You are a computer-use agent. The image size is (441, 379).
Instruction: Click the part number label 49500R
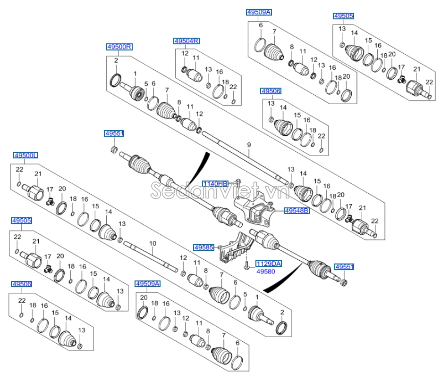119,47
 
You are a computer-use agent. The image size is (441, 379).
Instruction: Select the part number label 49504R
186,41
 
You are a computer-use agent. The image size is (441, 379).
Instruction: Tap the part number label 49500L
25,155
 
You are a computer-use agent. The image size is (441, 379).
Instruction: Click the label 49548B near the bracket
297,211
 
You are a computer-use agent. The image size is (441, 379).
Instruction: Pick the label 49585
204,247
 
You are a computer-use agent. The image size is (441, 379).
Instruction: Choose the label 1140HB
215,183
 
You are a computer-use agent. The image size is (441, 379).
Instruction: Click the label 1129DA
268,264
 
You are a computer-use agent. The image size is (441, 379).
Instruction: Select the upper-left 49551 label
114,134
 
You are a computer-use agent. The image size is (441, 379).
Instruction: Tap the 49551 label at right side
344,267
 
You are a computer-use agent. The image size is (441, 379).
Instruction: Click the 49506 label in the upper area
271,91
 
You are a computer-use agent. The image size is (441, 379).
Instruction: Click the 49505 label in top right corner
343,16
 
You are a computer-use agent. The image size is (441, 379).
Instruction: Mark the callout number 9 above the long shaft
248,145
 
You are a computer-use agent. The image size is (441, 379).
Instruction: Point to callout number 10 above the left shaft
152,243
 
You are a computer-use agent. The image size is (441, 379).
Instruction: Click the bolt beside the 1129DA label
246,266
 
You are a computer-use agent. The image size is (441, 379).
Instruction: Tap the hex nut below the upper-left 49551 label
113,150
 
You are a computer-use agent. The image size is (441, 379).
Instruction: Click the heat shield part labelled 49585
234,247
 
